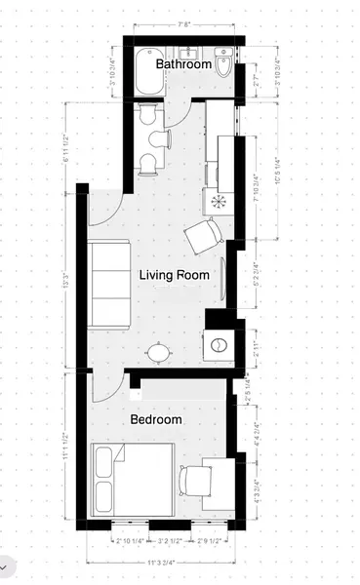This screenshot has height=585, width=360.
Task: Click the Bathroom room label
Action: point(184,65)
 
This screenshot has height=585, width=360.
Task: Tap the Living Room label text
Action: point(175,275)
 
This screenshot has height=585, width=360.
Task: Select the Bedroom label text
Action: point(156,420)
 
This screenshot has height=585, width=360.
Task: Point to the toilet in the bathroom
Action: point(223,66)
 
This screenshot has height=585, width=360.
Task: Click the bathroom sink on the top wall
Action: point(191,51)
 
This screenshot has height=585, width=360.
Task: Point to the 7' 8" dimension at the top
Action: point(183,26)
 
